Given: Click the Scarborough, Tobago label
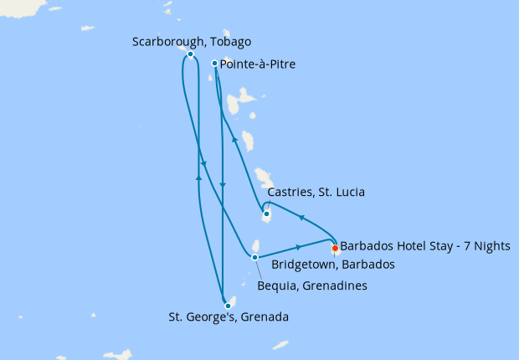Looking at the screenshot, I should (192, 41).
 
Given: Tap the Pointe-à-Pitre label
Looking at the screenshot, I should (257, 64).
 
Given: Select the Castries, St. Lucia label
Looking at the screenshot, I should (316, 193).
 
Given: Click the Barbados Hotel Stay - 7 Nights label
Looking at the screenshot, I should (424, 248).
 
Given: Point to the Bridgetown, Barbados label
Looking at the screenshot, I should (332, 265).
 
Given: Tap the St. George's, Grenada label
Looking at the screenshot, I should (229, 317).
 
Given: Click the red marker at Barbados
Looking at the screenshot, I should (335, 248).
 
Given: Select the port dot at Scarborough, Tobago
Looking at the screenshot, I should (191, 54).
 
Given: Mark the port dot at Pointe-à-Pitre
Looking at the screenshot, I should (215, 64).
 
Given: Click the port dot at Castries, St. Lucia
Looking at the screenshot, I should (266, 214).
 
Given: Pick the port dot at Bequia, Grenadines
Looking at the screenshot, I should (255, 257).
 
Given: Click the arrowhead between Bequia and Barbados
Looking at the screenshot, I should (300, 247).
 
